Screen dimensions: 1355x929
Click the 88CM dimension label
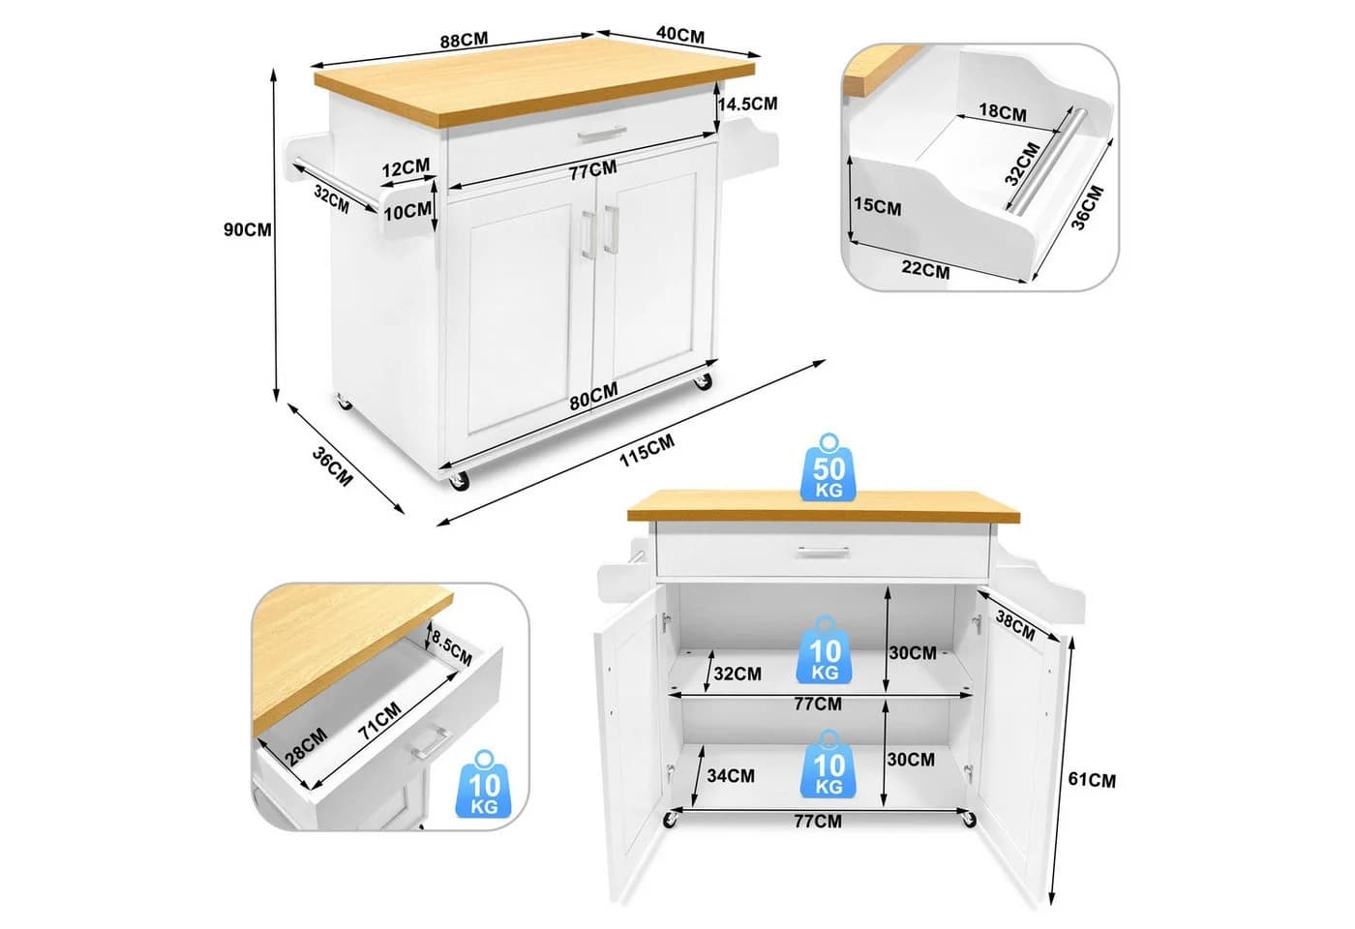pyautogui.click(x=464, y=41)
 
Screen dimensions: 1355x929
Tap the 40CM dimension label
pyautogui.click(x=680, y=35)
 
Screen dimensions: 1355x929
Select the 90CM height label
pyautogui.click(x=248, y=230)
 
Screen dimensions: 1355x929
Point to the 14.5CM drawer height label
pyautogui.click(x=747, y=105)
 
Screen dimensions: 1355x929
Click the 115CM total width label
pyautogui.click(x=647, y=451)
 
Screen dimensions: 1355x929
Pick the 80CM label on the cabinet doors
pyautogui.click(x=593, y=396)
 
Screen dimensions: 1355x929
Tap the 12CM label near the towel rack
pyautogui.click(x=406, y=167)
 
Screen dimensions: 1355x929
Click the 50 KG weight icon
pyautogui.click(x=828, y=467)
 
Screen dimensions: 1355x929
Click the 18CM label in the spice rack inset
pyautogui.click(x=1003, y=112)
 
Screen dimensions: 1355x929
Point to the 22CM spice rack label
pyautogui.click(x=925, y=269)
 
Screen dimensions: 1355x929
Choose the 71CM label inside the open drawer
pyautogui.click(x=379, y=721)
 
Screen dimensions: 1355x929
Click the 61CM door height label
pyautogui.click(x=1092, y=780)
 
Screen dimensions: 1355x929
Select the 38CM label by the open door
pyautogui.click(x=1015, y=625)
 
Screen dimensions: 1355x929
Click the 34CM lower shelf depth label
pyautogui.click(x=731, y=775)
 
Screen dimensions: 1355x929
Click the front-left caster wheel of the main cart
pyautogui.click(x=459, y=481)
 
